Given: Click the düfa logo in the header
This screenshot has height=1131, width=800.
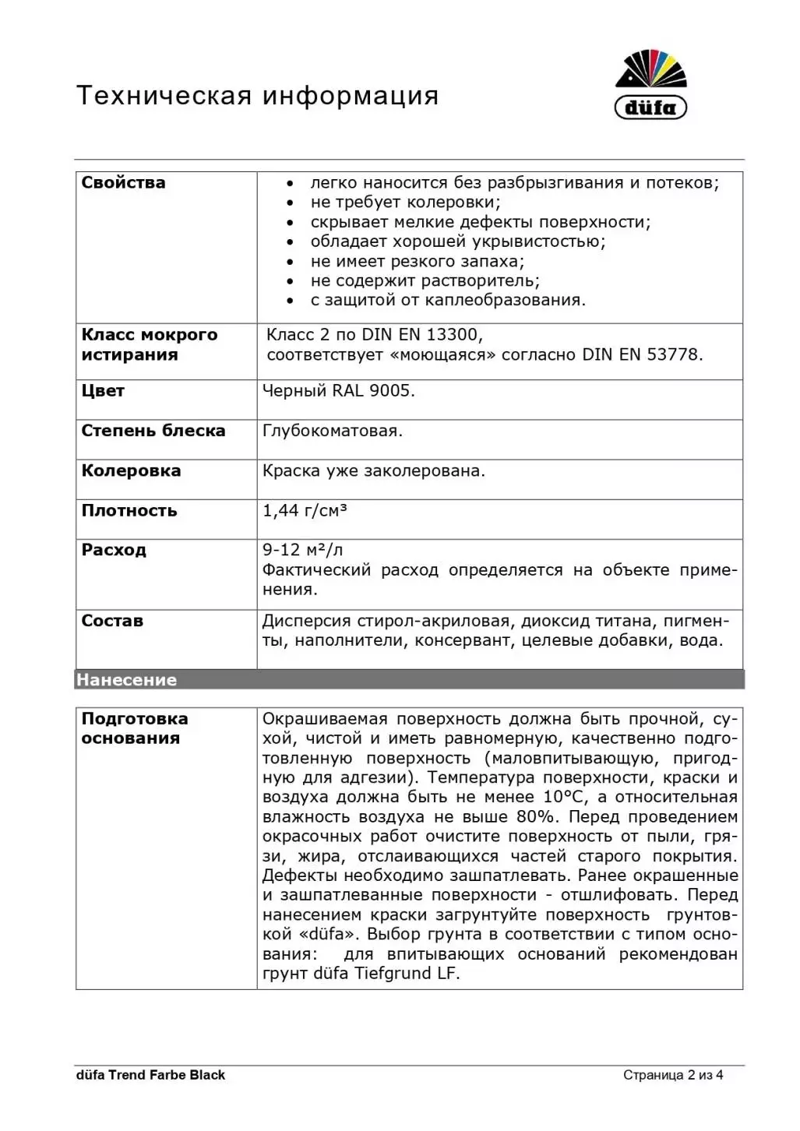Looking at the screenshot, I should point(650,85).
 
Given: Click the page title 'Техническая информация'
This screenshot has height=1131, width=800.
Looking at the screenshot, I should point(257,96).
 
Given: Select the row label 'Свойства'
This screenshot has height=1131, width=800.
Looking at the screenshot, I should point(123,183).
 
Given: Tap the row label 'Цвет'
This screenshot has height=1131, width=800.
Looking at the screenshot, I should point(103,391).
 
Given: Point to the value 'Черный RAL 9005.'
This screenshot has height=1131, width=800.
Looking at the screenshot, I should point(338,391).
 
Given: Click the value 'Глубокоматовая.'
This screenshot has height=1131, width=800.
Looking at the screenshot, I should point(333,431).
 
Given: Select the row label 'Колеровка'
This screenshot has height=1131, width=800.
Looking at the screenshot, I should point(131,470).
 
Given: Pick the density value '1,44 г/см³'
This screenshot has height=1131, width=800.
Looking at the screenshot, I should point(305,511).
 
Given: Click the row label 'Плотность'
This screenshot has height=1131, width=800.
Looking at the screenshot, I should point(129,511).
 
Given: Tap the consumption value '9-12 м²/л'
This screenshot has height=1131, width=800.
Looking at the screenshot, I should point(302,550).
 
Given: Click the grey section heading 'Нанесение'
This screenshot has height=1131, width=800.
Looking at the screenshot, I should point(126,680).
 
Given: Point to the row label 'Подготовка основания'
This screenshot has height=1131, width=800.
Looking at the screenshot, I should point(134,728).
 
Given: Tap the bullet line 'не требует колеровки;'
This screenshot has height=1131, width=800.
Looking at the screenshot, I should point(405,203).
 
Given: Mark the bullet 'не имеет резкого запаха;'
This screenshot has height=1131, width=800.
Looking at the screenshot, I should point(417,261).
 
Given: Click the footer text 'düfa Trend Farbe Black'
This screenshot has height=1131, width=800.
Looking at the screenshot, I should point(150,1075).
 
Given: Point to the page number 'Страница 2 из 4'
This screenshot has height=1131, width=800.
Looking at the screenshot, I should point(673,1075).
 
